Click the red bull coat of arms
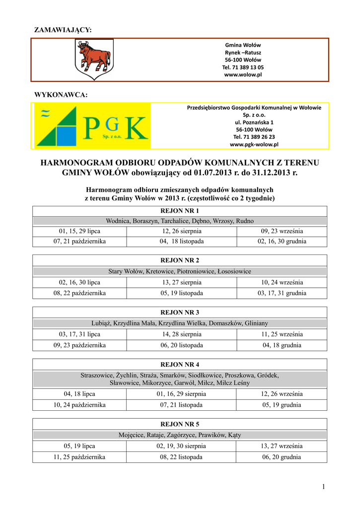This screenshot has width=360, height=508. tap(94, 58)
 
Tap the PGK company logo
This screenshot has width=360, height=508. tap(91, 126)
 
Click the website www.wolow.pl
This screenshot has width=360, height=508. tap(243, 74)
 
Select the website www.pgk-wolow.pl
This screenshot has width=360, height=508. tap(254, 144)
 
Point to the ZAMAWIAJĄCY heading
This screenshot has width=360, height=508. tap(63, 31)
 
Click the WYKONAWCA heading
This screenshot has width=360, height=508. tap(61, 95)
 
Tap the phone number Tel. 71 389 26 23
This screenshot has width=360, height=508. tap(254, 136)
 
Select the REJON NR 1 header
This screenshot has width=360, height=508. tap(180, 211)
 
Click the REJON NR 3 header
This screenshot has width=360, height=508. tap(180, 313)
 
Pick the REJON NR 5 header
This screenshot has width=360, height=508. tap(180, 424)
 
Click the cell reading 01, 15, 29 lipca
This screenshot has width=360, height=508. tap(79, 231)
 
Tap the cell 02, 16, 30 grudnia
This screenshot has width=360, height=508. tap(282, 242)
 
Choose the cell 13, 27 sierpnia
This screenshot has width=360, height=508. tap(182, 282)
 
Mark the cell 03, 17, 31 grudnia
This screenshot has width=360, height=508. tap(282, 293)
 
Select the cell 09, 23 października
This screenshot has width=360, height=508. tap(79, 345)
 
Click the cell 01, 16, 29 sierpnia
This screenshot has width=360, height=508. tap(182, 394)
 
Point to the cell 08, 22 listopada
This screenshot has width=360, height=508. tap(182, 457)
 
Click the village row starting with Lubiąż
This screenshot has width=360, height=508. tap(180, 323)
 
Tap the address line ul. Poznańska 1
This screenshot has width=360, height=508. tap(254, 122)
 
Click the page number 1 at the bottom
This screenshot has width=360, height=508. tap(323, 487)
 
